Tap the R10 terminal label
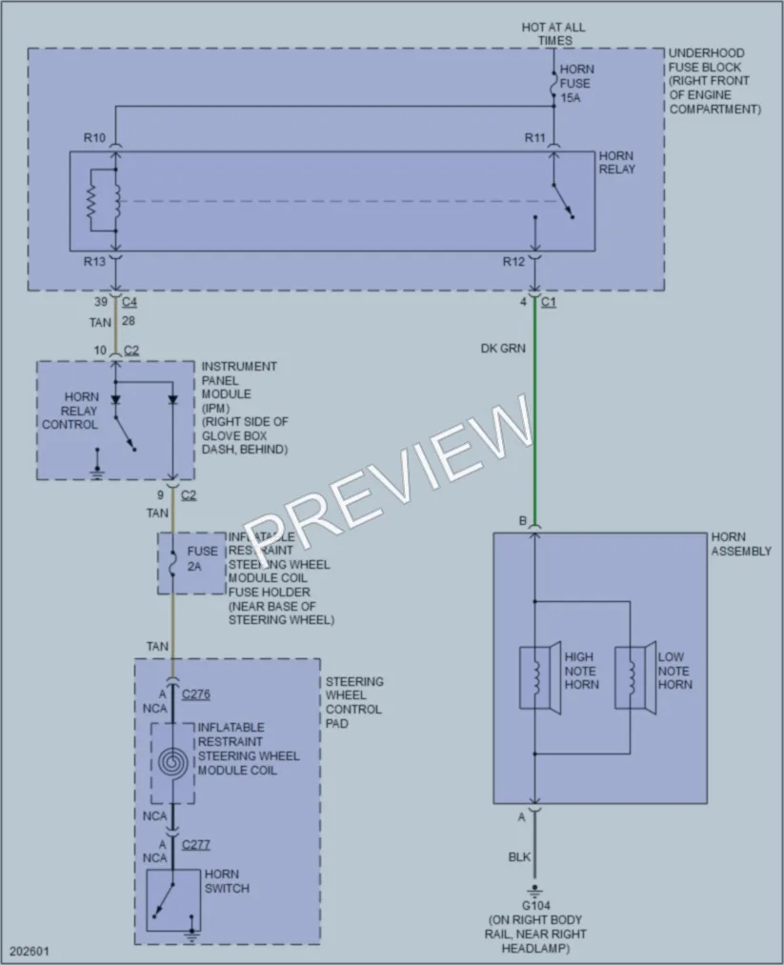coord(94,138)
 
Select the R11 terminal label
coord(535,138)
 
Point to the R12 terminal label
coord(513,262)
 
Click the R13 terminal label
coord(94,262)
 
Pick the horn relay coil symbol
coord(115,201)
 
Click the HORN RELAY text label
coord(616,163)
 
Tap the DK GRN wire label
coord(503,349)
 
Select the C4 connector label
coord(130,302)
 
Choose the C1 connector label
coord(549,302)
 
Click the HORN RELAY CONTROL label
coord(70,411)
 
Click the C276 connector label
coord(195,694)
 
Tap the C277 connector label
coord(195,845)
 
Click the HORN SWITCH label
coord(227,881)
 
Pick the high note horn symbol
coord(540,677)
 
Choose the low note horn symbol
coord(635,677)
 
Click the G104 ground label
coord(536,905)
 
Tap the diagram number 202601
coord(29,951)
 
